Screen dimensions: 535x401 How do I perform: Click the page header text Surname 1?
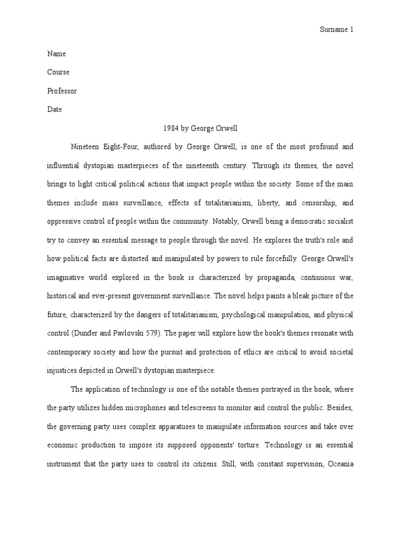(x=336, y=30)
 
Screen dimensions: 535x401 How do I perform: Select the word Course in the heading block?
(x=58, y=72)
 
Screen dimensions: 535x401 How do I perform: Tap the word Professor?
(x=62, y=91)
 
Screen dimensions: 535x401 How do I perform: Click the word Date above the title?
(x=54, y=110)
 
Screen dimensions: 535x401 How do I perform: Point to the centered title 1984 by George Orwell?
(x=200, y=128)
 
